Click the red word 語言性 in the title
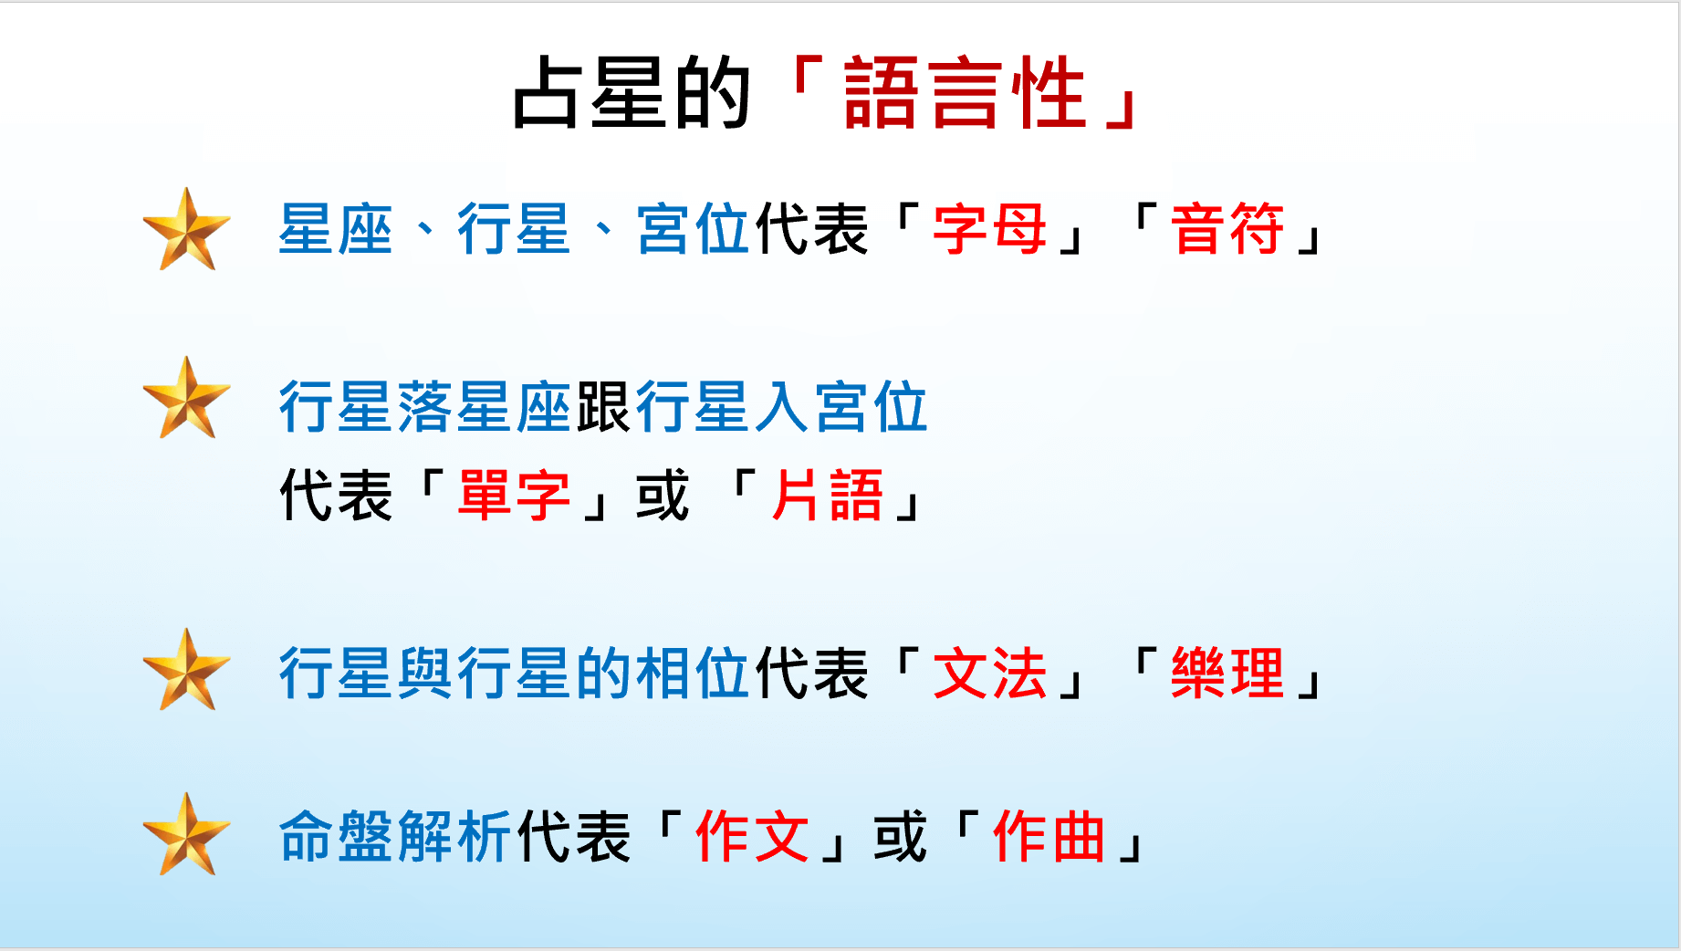[x=965, y=92]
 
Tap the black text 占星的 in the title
[x=632, y=92]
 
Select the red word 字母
[x=989, y=228]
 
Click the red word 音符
[x=1227, y=228]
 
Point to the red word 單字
[x=514, y=496]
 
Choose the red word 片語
[x=828, y=496]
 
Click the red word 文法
[x=989, y=674]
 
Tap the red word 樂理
[x=1227, y=674]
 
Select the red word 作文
[x=752, y=836]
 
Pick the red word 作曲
[x=1049, y=836]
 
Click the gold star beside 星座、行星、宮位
[x=187, y=229]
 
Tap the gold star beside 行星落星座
[x=187, y=398]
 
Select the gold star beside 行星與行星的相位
[x=187, y=670]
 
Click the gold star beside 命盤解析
[x=187, y=834]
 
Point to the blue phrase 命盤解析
[x=395, y=836]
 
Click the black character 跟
[x=603, y=407]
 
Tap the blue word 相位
[x=693, y=674]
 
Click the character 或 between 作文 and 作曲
[x=900, y=836]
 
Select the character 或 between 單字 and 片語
[x=663, y=496]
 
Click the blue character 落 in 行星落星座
[x=425, y=407]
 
